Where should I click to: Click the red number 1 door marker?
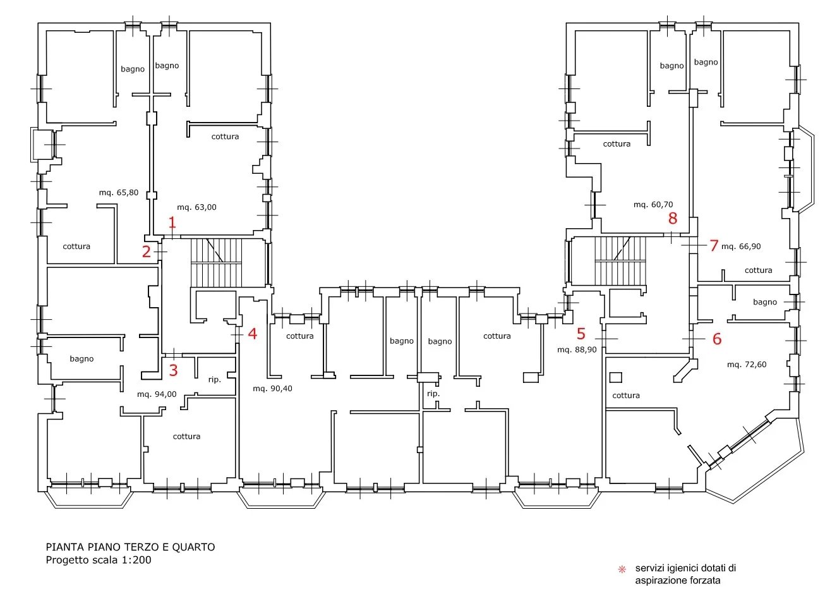(172, 222)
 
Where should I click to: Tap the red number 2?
(146, 252)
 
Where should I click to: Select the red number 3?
(173, 370)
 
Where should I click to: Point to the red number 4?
(253, 334)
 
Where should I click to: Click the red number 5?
(581, 334)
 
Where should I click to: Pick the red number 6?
(717, 339)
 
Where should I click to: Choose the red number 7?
(714, 246)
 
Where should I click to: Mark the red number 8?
(673, 218)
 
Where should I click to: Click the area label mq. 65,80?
(119, 193)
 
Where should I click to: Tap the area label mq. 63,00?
(196, 207)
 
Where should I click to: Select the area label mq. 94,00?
(157, 394)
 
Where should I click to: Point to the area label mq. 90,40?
(272, 389)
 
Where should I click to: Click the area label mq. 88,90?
(577, 350)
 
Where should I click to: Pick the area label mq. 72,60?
(747, 365)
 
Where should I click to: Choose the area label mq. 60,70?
(653, 205)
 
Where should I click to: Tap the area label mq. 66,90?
(741, 246)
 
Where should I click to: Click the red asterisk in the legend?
(622, 569)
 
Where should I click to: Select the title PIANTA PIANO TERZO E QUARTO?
(130, 547)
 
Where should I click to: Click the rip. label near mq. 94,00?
(215, 380)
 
